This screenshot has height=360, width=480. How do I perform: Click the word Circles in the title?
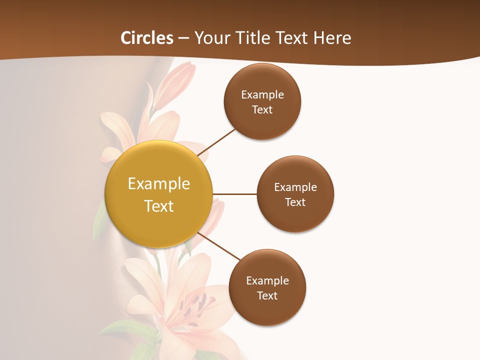[147, 38]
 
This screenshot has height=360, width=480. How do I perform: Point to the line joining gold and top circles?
[216, 142]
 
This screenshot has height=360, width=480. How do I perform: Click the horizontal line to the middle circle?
[235, 194]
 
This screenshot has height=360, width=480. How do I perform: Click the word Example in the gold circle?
[159, 184]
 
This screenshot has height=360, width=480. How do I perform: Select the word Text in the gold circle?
[159, 206]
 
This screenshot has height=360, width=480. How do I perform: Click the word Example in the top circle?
[262, 95]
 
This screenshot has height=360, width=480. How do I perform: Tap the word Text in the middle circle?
[295, 202]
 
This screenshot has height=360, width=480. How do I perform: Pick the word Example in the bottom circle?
[267, 281]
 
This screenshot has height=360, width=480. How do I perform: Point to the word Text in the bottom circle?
[267, 296]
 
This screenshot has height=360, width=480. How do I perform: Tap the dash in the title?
[183, 38]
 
